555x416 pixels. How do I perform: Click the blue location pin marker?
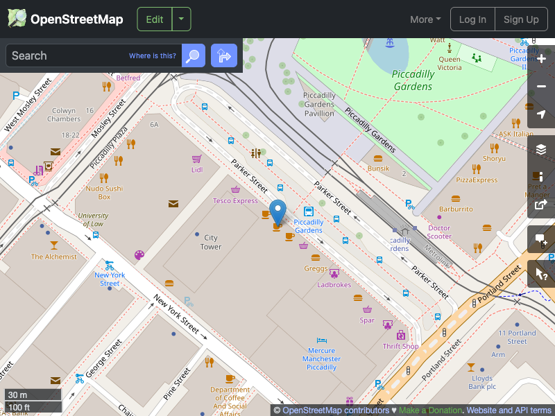point(277,211)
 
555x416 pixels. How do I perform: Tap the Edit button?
point(155,19)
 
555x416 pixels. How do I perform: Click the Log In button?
point(472,19)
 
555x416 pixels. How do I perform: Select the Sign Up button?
point(521,19)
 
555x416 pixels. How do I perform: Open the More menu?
point(425,19)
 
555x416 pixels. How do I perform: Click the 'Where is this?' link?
point(153,55)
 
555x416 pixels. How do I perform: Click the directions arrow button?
point(224,55)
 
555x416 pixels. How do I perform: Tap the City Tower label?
point(211,242)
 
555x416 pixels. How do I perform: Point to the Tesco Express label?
point(235,201)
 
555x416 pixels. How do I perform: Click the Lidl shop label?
point(197,169)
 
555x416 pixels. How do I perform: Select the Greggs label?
point(316,268)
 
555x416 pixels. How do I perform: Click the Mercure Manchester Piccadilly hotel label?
point(322,359)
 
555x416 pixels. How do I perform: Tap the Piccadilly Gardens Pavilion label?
point(319,104)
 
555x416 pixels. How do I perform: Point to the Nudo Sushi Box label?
point(104,192)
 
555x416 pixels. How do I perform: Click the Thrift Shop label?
point(401,346)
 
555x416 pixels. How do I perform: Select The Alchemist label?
point(54,257)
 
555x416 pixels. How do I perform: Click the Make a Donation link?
point(430,410)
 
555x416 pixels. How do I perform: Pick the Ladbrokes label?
point(334,284)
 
